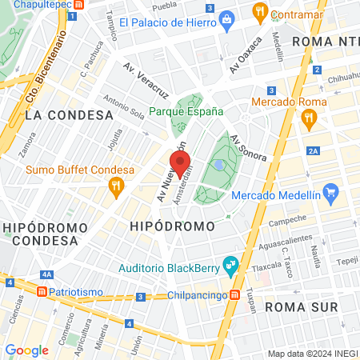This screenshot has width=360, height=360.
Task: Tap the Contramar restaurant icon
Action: [x=259, y=12]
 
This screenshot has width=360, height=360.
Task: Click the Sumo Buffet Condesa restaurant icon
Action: [x=116, y=186]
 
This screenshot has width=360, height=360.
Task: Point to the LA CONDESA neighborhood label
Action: [x=69, y=114]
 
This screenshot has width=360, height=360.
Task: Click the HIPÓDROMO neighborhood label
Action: [x=172, y=226]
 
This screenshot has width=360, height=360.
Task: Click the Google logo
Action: [x=26, y=350]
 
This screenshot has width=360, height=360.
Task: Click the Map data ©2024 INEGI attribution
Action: [x=312, y=354]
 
